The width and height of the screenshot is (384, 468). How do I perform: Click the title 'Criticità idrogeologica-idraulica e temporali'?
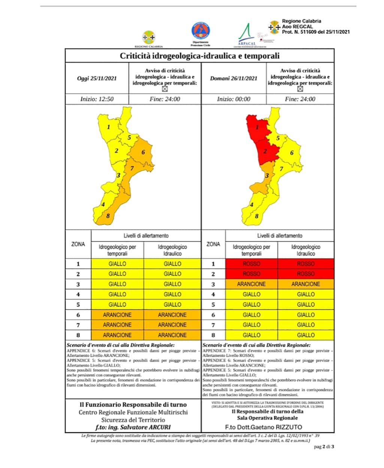click(199, 56)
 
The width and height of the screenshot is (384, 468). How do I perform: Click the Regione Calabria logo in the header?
click(149, 38)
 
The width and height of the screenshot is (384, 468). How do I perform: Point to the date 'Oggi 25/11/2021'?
click(97, 79)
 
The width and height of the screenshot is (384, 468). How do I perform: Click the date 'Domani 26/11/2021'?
click(234, 79)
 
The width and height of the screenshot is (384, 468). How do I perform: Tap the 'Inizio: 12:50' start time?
click(97, 99)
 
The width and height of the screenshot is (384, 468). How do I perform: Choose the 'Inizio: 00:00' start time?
click(234, 99)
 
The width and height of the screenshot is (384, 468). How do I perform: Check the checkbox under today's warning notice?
click(164, 89)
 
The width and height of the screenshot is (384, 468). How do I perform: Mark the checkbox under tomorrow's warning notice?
click(300, 89)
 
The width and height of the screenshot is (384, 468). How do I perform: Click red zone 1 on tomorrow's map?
click(257, 127)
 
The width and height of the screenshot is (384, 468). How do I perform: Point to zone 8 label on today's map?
click(108, 216)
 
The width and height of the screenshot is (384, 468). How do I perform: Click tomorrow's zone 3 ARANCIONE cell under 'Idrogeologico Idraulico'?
click(306, 284)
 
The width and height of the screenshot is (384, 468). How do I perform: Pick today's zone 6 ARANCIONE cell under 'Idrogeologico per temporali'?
click(117, 315)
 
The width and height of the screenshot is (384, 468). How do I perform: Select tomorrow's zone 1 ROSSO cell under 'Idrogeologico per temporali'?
click(251, 264)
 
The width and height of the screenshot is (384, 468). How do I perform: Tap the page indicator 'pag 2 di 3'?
click(324, 447)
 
